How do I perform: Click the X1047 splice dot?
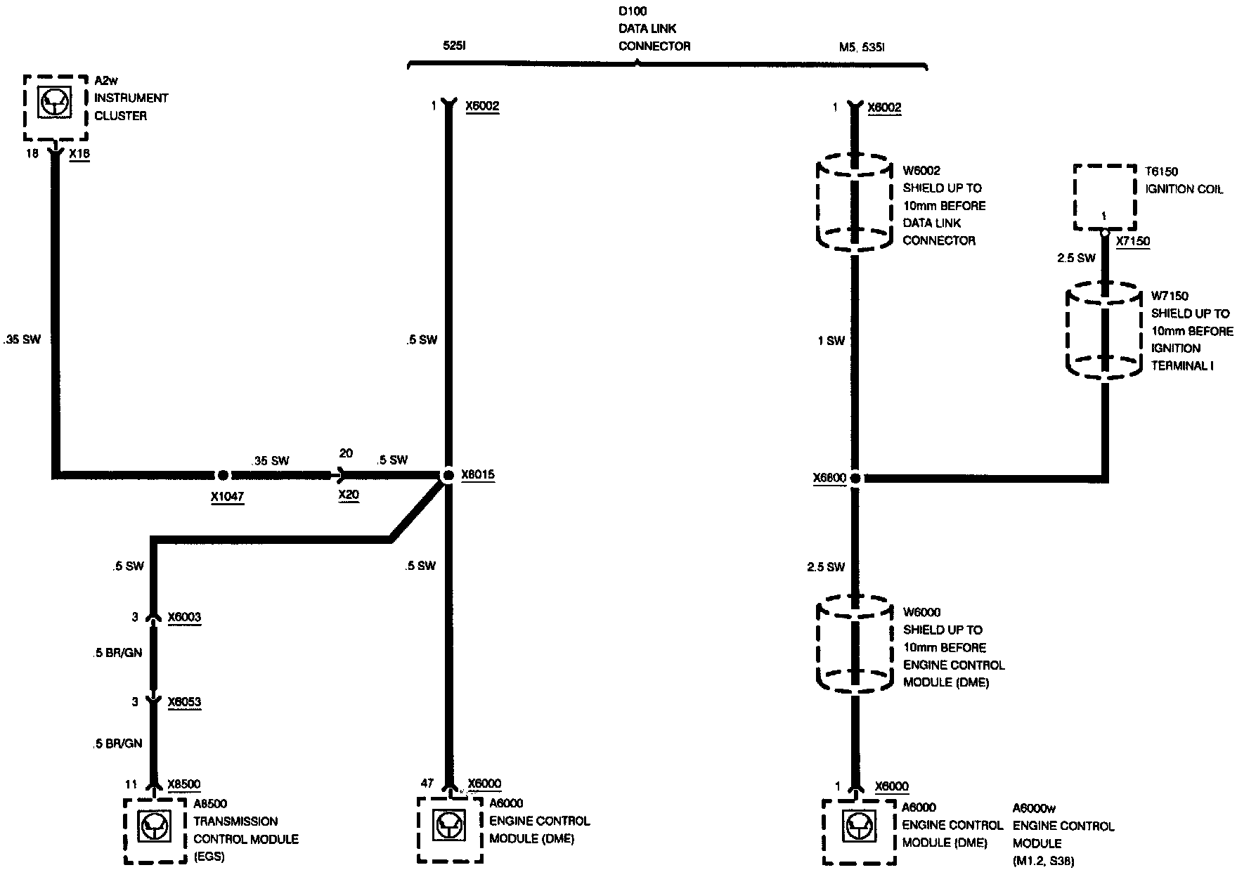pyautogui.click(x=223, y=476)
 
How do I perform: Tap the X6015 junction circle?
pyautogui.click(x=448, y=476)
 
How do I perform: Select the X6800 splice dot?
pyautogui.click(x=855, y=478)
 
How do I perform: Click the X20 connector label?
pyautogui.click(x=349, y=495)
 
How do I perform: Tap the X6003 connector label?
pyautogui.click(x=184, y=617)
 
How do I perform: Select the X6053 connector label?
pyautogui.click(x=184, y=701)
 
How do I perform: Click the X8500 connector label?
pyautogui.click(x=184, y=784)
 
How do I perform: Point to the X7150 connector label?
pyautogui.click(x=1133, y=241)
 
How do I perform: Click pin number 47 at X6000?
pyautogui.click(x=427, y=784)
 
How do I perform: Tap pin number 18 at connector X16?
pyautogui.click(x=32, y=153)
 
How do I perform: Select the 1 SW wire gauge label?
pyautogui.click(x=831, y=341)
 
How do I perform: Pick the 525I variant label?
pyautogui.click(x=455, y=46)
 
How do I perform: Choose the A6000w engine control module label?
pyautogui.click(x=1034, y=808)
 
